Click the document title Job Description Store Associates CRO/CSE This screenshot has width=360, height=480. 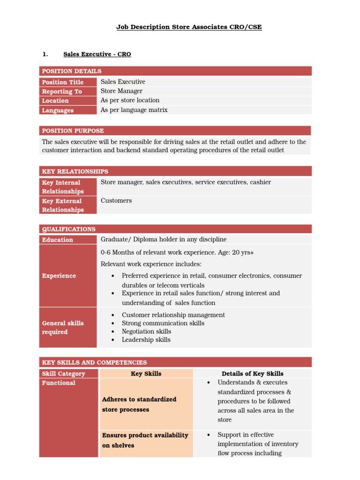pyautogui.click(x=189, y=27)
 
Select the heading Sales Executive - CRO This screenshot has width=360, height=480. pyautogui.click(x=97, y=54)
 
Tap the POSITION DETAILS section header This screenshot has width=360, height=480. pyautogui.click(x=72, y=71)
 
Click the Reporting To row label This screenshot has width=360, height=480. pyautogui.click(x=62, y=91)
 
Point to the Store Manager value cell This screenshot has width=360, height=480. pyautogui.click(x=121, y=91)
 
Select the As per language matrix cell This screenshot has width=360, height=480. pyautogui.click(x=134, y=110)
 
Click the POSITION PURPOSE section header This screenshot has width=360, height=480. pyautogui.click(x=73, y=131)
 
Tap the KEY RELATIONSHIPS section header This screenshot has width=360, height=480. pyautogui.click(x=75, y=172)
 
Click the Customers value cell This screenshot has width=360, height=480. pyautogui.click(x=116, y=201)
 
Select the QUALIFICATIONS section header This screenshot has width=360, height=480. pyautogui.click(x=69, y=229)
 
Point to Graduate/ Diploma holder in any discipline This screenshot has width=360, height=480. pyautogui.click(x=164, y=240)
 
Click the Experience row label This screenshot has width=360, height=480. pyautogui.click(x=59, y=276)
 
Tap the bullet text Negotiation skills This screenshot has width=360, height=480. pyautogui.click(x=146, y=331)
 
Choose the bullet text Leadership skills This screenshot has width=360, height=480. pyautogui.click(x=146, y=340)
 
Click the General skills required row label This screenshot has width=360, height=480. pyautogui.click(x=63, y=327)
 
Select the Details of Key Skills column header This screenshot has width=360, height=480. pyautogui.click(x=252, y=374)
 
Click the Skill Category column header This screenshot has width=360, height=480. pyautogui.click(x=64, y=374)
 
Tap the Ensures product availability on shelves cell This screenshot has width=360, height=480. pyautogui.click(x=145, y=440)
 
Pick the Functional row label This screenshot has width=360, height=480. pyautogui.click(x=59, y=383)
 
